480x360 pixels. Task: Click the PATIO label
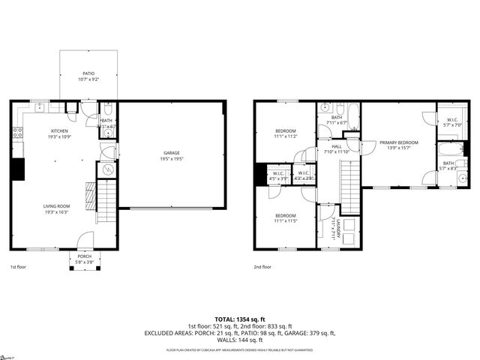pyautogui.click(x=88, y=73)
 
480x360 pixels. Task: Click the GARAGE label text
pyautogui.click(x=172, y=154)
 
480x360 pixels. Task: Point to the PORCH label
pyautogui.click(x=85, y=256)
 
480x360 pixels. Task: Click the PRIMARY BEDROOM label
pyautogui.click(x=398, y=142)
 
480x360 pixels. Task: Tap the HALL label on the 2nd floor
pyautogui.click(x=337, y=146)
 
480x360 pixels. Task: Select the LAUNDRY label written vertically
pyautogui.click(x=338, y=229)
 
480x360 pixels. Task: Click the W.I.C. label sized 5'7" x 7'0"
pyautogui.click(x=452, y=124)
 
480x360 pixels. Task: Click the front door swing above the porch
pyautogui.click(x=84, y=241)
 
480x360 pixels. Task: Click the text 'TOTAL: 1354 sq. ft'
pyautogui.click(x=240, y=319)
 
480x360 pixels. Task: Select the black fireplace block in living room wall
pyautogui.click(x=16, y=169)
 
